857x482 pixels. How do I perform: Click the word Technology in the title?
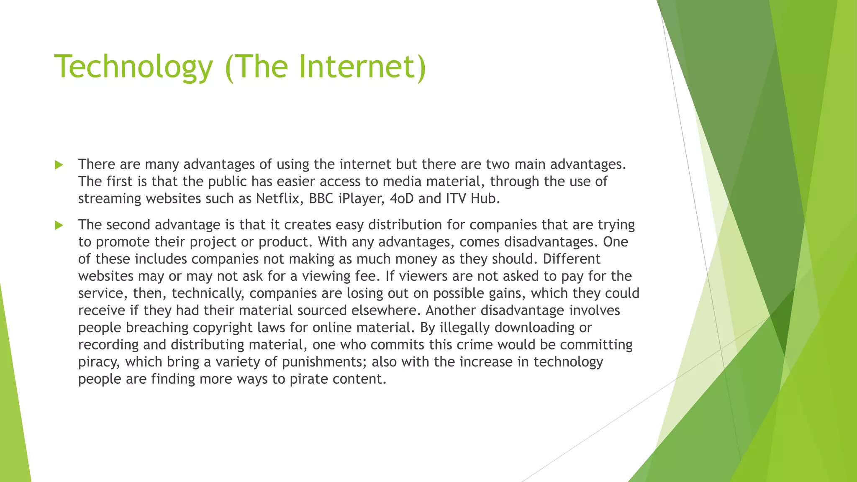pyautogui.click(x=133, y=67)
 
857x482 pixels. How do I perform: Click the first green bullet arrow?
pyautogui.click(x=59, y=165)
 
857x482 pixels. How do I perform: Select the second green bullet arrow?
pyautogui.click(x=59, y=226)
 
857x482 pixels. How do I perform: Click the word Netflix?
pyautogui.click(x=278, y=198)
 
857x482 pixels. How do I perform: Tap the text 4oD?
pyautogui.click(x=401, y=198)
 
